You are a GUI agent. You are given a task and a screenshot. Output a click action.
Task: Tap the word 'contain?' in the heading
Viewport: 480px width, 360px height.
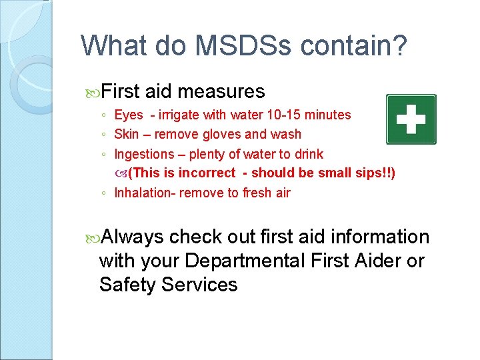pyautogui.click(x=353, y=46)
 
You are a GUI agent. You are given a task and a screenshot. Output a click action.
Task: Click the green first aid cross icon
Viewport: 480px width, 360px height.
pyautogui.click(x=411, y=119)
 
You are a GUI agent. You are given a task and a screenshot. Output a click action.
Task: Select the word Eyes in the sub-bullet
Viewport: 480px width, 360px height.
pyautogui.click(x=129, y=115)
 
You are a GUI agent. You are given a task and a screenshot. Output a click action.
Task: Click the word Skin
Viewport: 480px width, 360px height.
pyautogui.click(x=126, y=134)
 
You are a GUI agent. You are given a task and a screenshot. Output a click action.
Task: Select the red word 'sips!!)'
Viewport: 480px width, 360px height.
pyautogui.click(x=375, y=173)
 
